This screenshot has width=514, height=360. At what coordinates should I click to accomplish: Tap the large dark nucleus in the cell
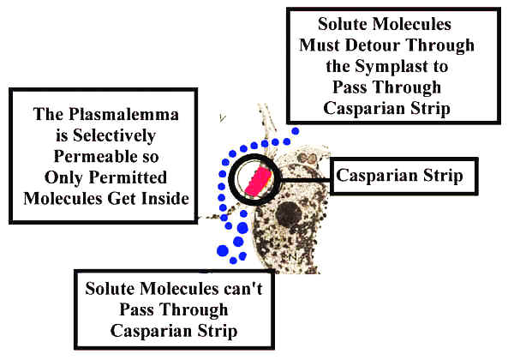pos(309,216)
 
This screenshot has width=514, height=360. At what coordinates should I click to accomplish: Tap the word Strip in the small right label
pos(439,177)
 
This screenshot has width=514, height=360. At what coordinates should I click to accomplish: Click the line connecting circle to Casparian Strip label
pos(304,177)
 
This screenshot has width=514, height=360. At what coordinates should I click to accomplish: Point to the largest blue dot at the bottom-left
pos(224,251)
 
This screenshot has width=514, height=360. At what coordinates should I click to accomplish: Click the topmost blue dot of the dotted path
pos(296,131)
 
